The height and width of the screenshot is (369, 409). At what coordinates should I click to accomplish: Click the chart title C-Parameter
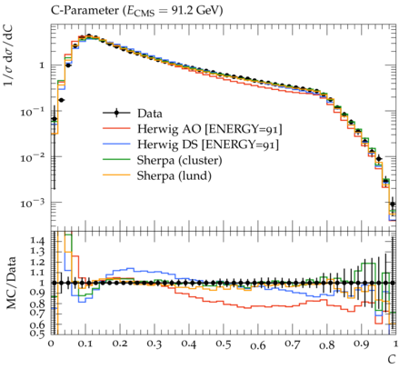pos(85,11)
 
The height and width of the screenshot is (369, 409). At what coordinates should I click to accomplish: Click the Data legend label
pos(150,114)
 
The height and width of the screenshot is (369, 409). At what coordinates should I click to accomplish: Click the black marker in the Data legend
pos(116,114)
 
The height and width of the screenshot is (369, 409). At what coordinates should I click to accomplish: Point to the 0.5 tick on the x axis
pos(224,344)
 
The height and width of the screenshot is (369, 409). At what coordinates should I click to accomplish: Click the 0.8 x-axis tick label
pos(327,345)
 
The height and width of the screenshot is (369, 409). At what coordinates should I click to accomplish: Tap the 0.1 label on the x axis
pos(85,344)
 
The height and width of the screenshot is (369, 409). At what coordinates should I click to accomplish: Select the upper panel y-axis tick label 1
pos(42,65)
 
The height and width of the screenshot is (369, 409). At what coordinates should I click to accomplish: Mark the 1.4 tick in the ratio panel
pos(37,241)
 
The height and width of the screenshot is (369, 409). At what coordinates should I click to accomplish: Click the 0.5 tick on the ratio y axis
pos(37,334)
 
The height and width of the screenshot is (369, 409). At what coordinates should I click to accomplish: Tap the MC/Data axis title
pos(11,283)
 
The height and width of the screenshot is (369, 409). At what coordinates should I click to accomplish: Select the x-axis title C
pos(392,360)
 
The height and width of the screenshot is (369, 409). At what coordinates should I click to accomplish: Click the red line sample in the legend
pos(116,129)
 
